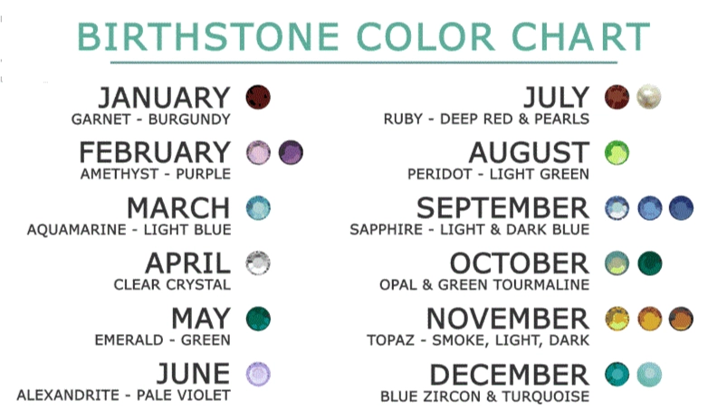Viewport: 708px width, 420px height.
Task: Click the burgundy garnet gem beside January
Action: [x=259, y=95]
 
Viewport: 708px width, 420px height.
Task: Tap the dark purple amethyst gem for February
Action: [x=291, y=151]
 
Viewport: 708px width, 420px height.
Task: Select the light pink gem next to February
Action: [x=259, y=151]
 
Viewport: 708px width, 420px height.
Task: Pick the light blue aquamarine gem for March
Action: [x=259, y=207]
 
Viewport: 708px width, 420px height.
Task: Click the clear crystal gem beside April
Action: [x=259, y=263]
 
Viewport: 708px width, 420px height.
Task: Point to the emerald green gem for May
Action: [x=259, y=319]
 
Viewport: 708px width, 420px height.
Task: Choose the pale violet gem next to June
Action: [x=259, y=374]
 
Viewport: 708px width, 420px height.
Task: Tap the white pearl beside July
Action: [x=648, y=95]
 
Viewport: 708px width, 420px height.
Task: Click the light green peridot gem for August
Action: [x=617, y=151]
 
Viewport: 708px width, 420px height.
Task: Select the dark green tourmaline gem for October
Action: [x=649, y=263]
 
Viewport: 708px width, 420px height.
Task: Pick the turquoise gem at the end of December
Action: [x=649, y=374]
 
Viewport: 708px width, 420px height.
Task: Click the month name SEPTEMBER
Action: [x=502, y=208]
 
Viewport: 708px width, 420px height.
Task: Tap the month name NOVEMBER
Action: [x=507, y=320]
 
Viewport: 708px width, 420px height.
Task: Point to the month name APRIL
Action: [x=187, y=264]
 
